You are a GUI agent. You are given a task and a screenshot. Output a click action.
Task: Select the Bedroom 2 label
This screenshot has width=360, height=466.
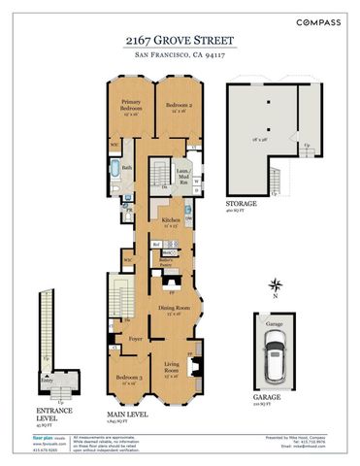coord(179,105)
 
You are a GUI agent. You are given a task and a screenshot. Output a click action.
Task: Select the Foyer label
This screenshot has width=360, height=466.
coord(136,339)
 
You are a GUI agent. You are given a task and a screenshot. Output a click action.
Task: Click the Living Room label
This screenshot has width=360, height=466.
coord(173,369)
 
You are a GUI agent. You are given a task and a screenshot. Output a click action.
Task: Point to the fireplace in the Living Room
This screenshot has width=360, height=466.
coord(196,368)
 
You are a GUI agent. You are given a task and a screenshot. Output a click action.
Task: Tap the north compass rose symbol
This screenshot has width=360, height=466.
coord(277,285)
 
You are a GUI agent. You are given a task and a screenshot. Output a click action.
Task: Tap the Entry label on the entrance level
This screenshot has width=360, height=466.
coord(44,382)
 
